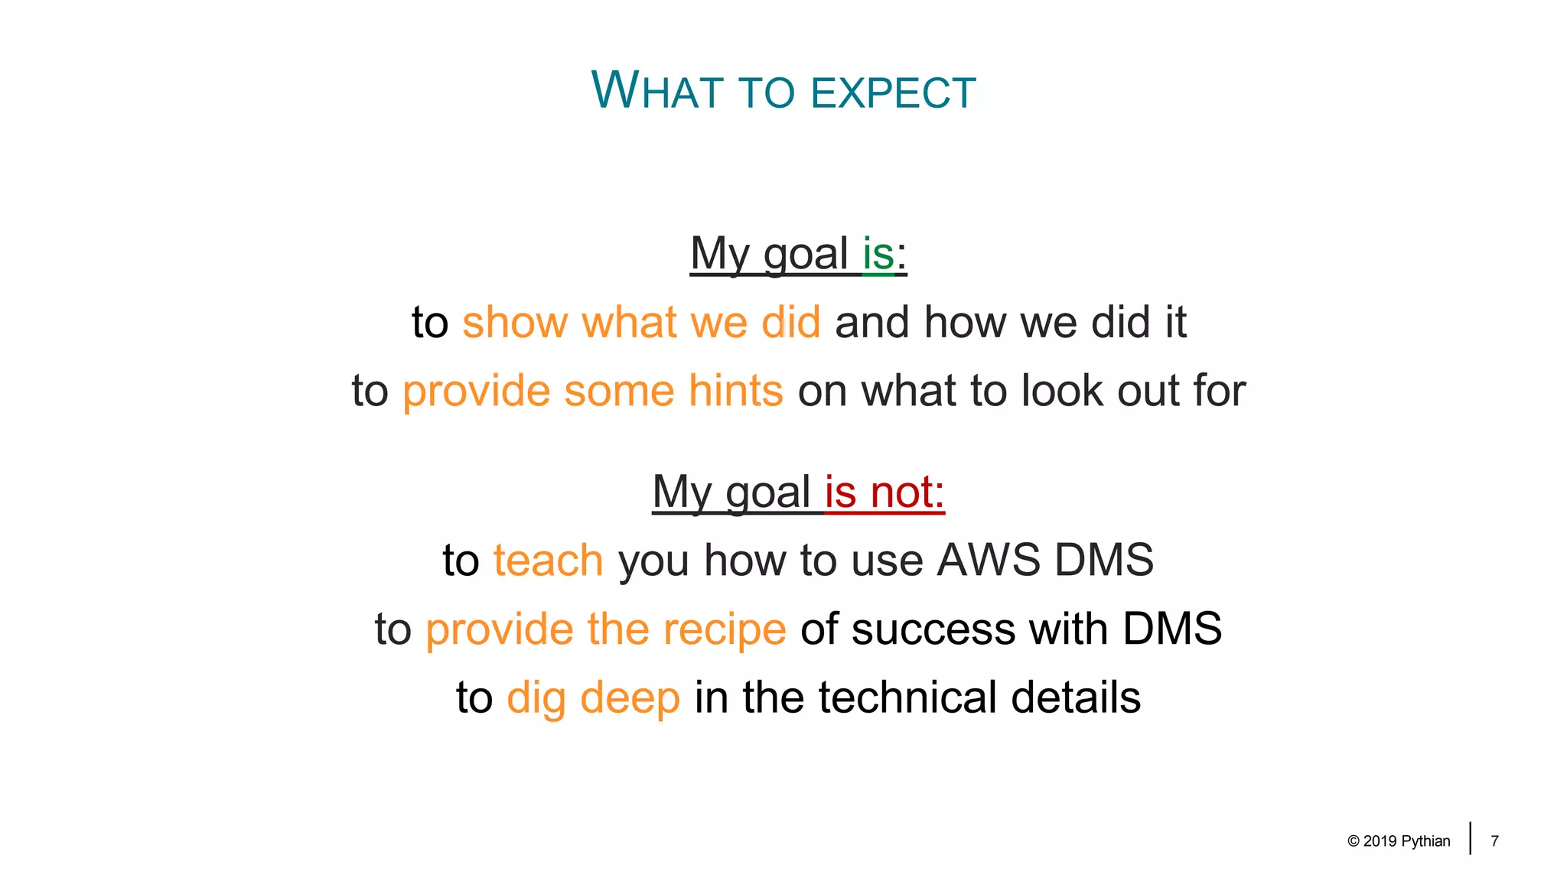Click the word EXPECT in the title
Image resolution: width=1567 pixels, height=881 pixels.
click(x=893, y=93)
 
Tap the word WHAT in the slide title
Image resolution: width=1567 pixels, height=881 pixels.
click(x=656, y=91)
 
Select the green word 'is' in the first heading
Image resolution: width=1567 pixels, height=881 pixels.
click(x=878, y=253)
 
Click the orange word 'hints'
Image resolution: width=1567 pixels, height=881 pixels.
click(x=735, y=391)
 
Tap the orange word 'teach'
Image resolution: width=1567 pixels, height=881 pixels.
click(x=548, y=560)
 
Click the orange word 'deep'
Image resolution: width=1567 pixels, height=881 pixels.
click(x=630, y=698)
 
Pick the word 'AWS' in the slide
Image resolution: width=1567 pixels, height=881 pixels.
click(x=989, y=560)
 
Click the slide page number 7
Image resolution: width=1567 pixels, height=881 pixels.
click(x=1494, y=841)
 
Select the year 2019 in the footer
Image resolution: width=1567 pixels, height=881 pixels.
click(x=1380, y=841)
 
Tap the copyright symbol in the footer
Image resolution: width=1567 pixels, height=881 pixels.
click(x=1354, y=841)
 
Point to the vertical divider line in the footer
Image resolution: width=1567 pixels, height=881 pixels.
click(x=1470, y=838)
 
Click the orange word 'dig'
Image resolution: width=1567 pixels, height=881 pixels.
click(x=536, y=698)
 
